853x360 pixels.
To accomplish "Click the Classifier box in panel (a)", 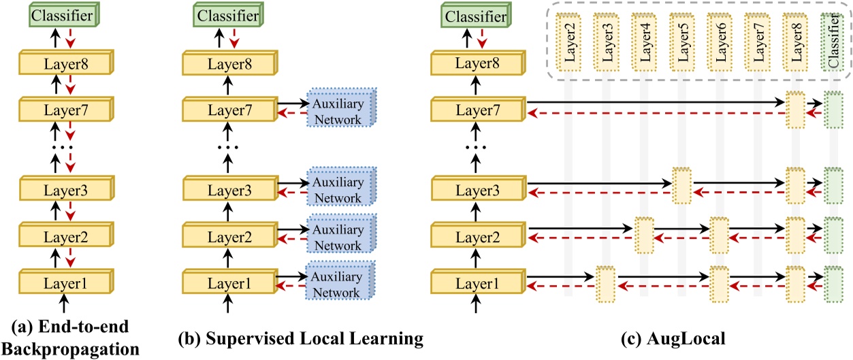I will [x=63, y=13].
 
